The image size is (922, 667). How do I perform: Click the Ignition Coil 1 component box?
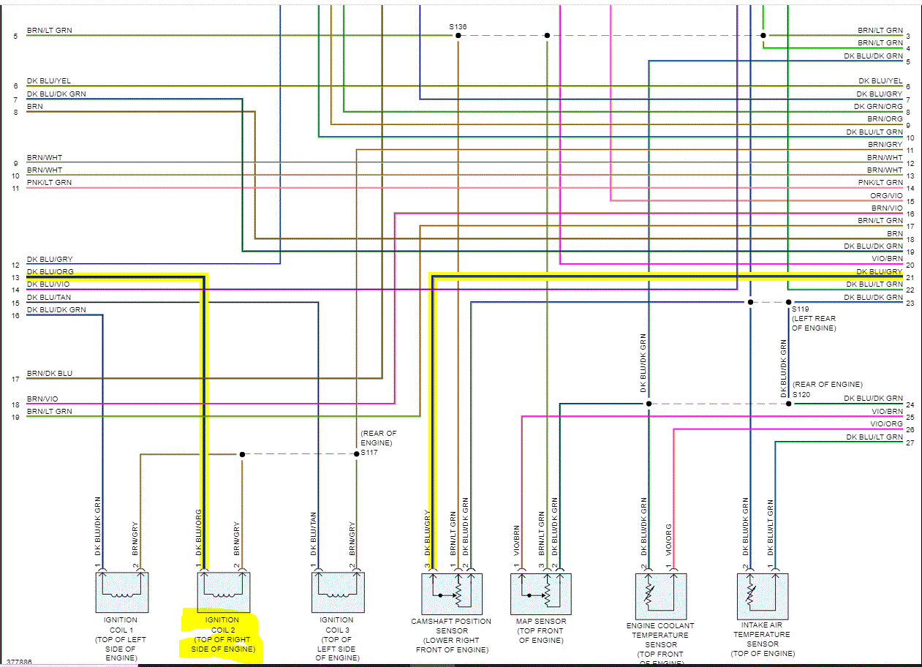click(121, 592)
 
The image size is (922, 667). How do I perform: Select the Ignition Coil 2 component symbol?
click(224, 592)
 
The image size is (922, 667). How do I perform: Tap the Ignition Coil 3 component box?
click(338, 592)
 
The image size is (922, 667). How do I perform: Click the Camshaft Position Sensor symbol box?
click(452, 593)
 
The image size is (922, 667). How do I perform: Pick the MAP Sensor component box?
click(540, 593)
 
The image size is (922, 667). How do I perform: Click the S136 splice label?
click(458, 27)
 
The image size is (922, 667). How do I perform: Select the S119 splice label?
click(801, 309)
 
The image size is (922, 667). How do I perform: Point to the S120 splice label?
click(801, 395)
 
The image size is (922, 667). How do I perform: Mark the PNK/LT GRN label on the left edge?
click(49, 182)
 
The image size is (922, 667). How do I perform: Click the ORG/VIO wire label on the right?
click(886, 195)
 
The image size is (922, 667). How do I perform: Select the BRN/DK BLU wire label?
click(50, 373)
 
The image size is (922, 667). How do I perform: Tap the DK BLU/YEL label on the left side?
click(49, 81)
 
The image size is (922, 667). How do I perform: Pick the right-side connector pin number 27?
click(910, 442)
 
